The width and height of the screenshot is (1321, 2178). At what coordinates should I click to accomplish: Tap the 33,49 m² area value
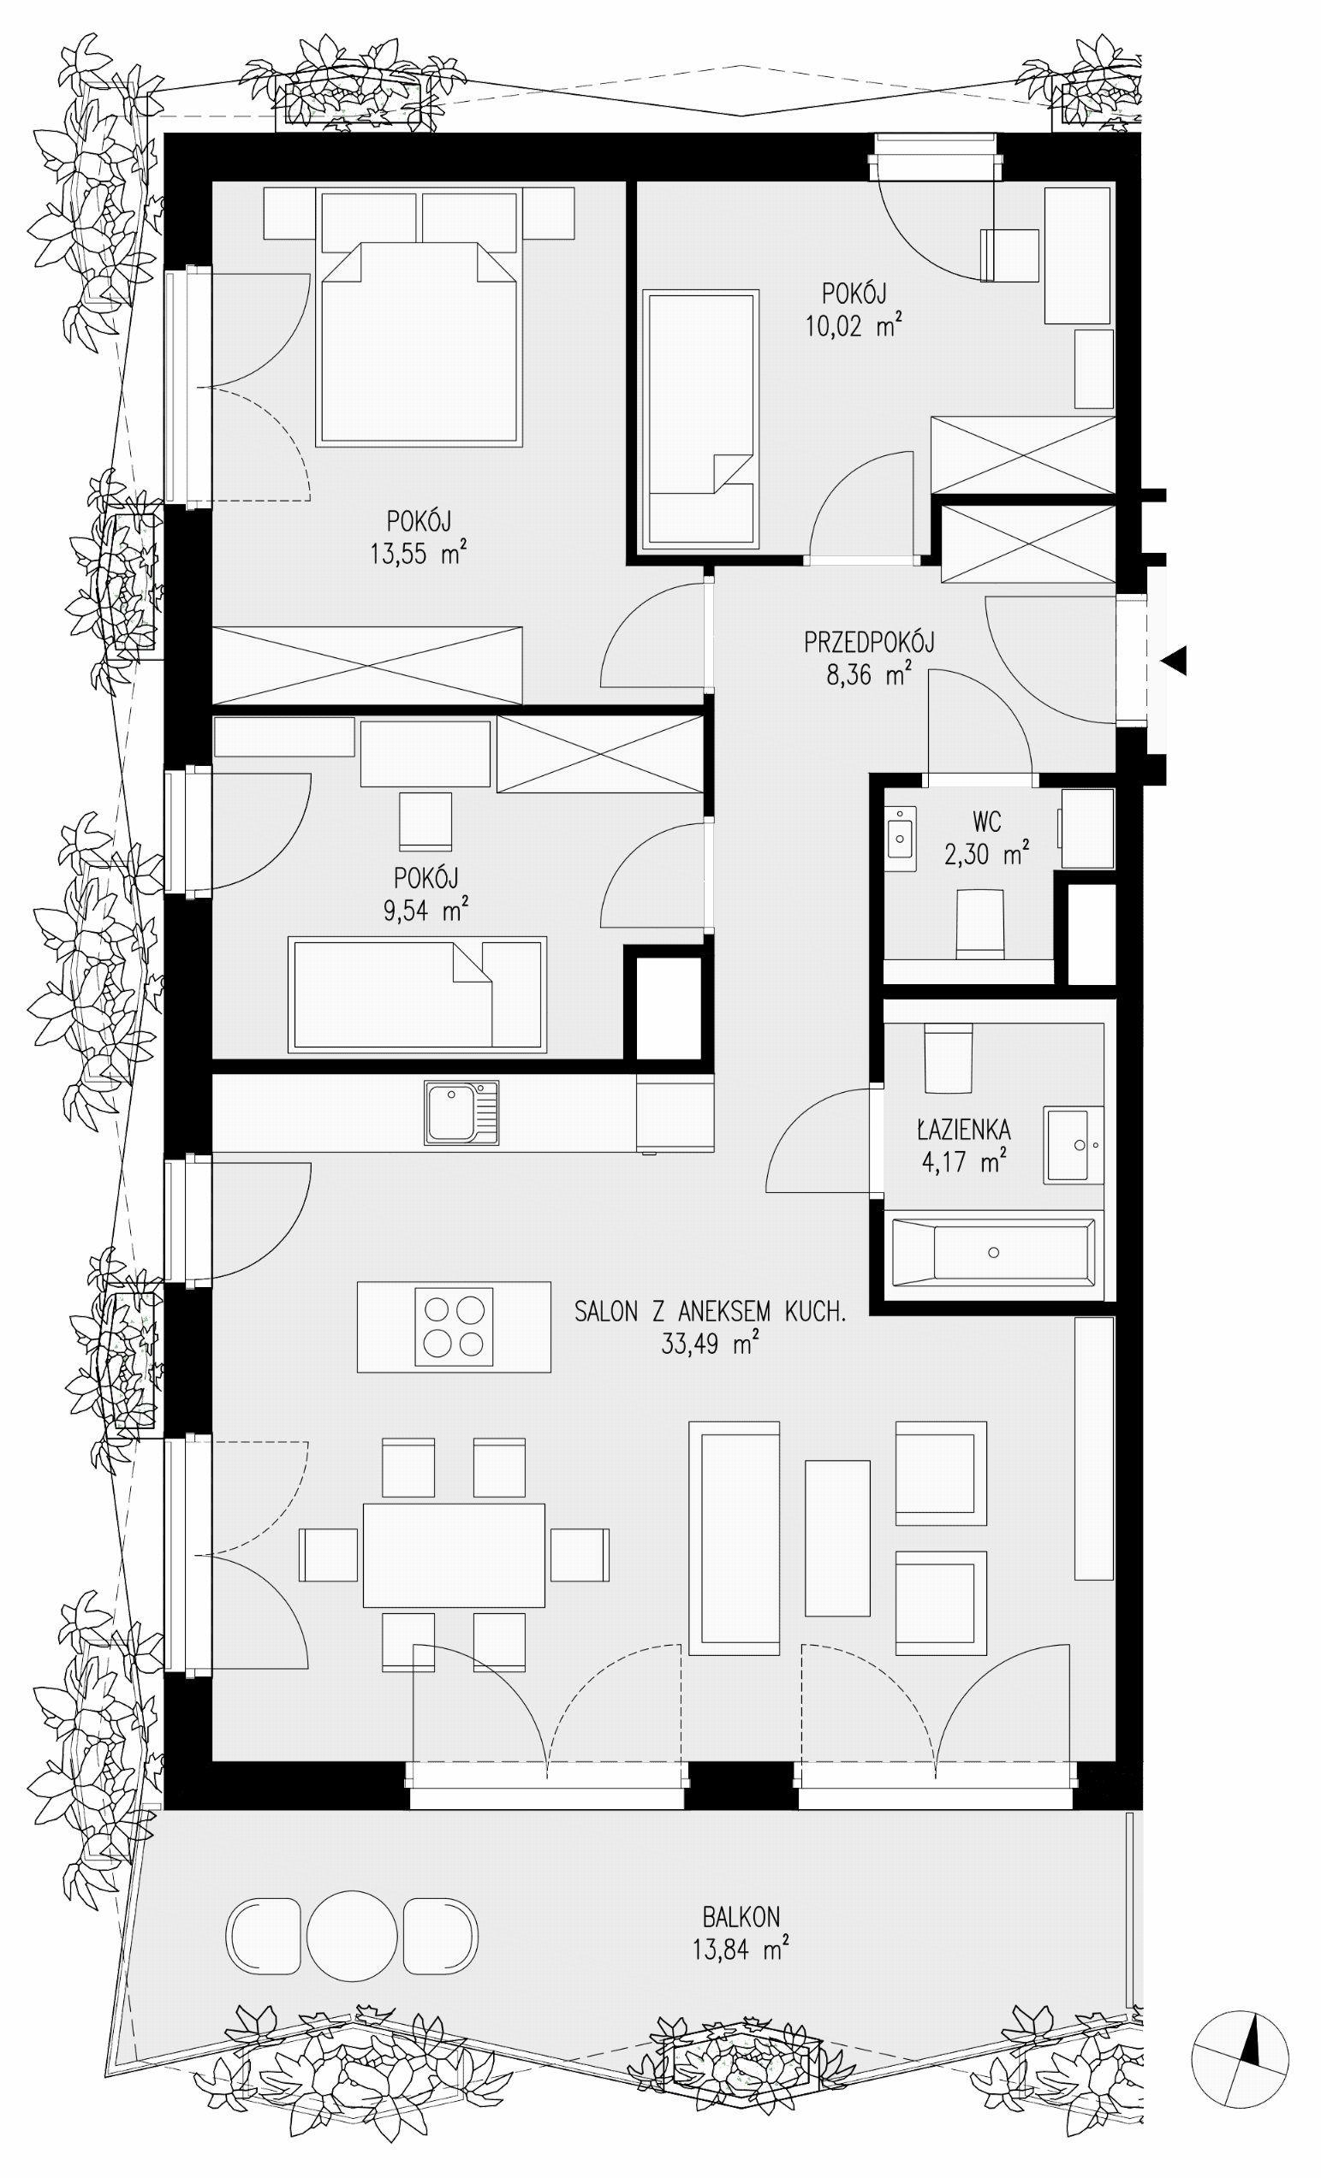tap(709, 1344)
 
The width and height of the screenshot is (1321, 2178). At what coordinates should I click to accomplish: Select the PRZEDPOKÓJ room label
tap(868, 642)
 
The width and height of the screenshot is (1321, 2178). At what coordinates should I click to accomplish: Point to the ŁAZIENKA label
tap(963, 1129)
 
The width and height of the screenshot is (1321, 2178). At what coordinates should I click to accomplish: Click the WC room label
tap(987, 822)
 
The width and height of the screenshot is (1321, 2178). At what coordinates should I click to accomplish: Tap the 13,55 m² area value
tap(417, 554)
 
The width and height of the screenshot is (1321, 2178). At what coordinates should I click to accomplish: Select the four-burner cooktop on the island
tap(454, 1326)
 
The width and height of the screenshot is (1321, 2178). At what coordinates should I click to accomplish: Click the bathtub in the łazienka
tap(993, 1252)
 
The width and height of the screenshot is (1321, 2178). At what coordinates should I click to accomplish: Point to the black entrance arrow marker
tap(1175, 662)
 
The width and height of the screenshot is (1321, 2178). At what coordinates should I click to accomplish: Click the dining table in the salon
tap(454, 1555)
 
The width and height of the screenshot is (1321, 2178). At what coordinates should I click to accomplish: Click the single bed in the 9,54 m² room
tap(417, 994)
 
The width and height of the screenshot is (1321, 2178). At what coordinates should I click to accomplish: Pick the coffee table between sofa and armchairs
tap(837, 1538)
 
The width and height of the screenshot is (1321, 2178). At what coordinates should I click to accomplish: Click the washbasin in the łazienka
tap(1074, 1145)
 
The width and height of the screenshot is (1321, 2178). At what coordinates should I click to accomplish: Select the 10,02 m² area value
tap(854, 326)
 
